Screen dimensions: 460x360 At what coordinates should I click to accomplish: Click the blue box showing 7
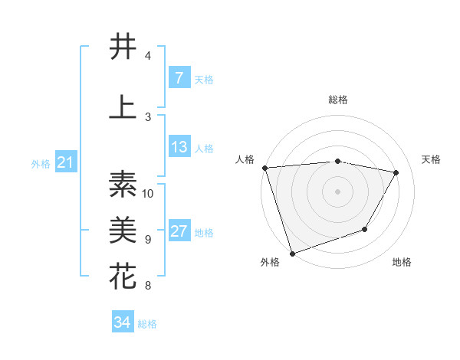(179, 78)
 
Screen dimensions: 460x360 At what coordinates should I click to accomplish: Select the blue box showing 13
(179, 147)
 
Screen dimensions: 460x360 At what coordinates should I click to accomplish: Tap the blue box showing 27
(179, 231)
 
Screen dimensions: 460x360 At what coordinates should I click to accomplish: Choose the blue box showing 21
(65, 162)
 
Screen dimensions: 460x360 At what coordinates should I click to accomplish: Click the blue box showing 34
(122, 322)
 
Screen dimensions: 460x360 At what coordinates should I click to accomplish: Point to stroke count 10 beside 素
(149, 193)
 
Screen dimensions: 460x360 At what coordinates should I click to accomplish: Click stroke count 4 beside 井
(148, 56)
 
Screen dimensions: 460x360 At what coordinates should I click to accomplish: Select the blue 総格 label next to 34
(147, 324)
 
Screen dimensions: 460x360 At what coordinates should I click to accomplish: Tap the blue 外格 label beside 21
(41, 163)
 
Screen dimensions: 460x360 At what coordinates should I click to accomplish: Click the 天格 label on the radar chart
(431, 159)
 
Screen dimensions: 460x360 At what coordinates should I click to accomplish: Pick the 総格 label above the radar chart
(338, 100)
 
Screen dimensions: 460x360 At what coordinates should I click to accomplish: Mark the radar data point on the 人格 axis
(264, 168)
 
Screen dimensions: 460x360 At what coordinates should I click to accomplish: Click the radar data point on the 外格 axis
(292, 253)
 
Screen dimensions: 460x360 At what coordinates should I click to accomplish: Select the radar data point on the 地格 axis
(366, 229)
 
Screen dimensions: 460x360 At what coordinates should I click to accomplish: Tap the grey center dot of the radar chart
(338, 191)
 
